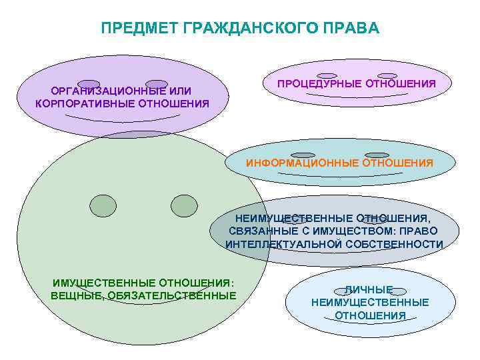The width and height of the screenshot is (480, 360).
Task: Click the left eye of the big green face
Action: point(103,205)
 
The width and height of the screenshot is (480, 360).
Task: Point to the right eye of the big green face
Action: point(184,205)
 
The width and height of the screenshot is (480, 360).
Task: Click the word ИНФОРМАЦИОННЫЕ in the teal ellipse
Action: point(303,163)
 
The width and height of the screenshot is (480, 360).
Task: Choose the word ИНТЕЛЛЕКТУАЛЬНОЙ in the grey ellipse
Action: point(284,244)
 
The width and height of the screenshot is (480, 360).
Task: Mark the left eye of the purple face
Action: point(89,84)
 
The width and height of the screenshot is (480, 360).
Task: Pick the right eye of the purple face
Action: point(157,84)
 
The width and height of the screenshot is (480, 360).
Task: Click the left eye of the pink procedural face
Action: point(327,76)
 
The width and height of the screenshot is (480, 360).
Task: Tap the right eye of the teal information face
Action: point(377,155)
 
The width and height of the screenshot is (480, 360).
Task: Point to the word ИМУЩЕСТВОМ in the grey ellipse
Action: point(360,231)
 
